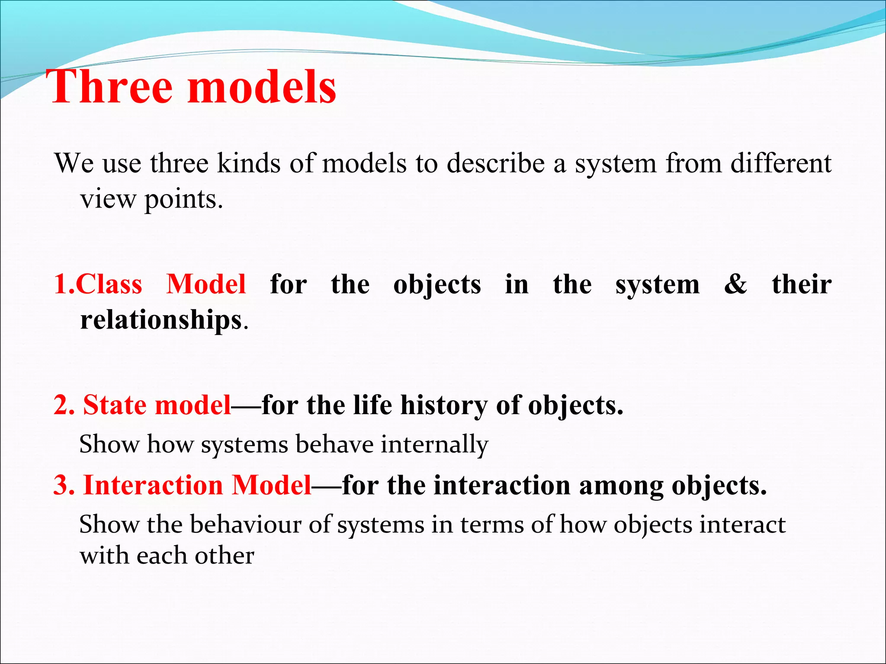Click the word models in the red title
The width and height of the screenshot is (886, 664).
261,88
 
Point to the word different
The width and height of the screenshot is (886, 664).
780,164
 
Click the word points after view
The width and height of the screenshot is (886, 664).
183,200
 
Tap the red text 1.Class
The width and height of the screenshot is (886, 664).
98,285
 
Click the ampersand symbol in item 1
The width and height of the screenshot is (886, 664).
735,285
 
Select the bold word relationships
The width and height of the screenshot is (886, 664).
161,320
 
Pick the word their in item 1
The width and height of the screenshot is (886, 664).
801,285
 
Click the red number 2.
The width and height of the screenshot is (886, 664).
63,406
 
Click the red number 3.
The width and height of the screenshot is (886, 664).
63,485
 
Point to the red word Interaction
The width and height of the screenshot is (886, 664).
152,485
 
